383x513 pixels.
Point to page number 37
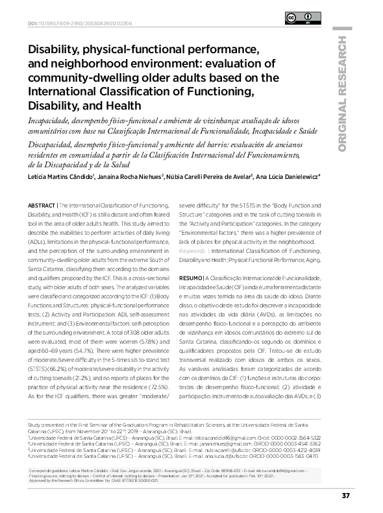click(345, 495)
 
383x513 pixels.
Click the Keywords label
click(192, 250)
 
